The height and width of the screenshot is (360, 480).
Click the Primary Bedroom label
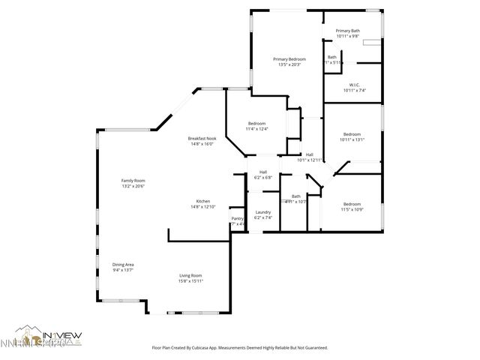coord(289,59)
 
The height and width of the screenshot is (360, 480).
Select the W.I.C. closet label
coord(353,85)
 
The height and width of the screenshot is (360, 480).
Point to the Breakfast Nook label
coord(202,139)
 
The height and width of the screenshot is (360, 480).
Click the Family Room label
coord(133,181)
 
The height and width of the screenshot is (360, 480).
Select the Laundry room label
coord(262,212)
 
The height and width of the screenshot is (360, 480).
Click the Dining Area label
coord(123,265)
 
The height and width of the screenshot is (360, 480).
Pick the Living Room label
coord(190,275)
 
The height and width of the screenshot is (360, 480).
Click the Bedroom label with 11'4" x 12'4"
coord(257,123)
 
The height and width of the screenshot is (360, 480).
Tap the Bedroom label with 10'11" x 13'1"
coord(352,134)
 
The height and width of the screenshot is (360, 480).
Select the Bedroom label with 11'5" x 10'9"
coord(352,204)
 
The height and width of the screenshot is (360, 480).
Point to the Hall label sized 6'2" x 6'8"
coord(262,173)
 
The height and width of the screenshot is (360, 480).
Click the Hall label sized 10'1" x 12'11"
coord(309,154)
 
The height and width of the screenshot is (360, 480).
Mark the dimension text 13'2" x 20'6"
coord(133,186)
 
